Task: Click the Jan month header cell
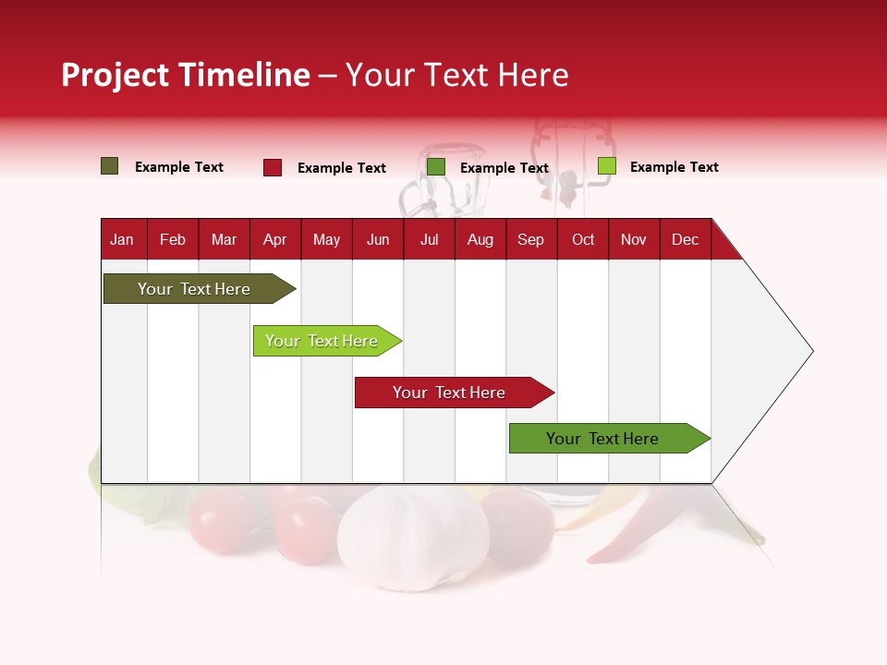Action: click(x=122, y=239)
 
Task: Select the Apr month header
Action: click(x=275, y=239)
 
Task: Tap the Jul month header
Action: click(x=429, y=239)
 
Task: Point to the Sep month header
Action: click(x=530, y=239)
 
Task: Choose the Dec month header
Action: click(x=685, y=239)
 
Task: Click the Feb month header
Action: click(x=173, y=239)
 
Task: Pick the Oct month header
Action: click(x=583, y=239)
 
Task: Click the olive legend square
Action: click(x=110, y=166)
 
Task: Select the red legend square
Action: click(x=273, y=167)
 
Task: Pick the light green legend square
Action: click(x=607, y=166)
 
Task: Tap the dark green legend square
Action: click(x=436, y=167)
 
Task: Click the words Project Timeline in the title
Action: click(x=186, y=75)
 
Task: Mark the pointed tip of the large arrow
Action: click(x=811, y=351)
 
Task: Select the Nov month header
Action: click(x=634, y=239)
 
